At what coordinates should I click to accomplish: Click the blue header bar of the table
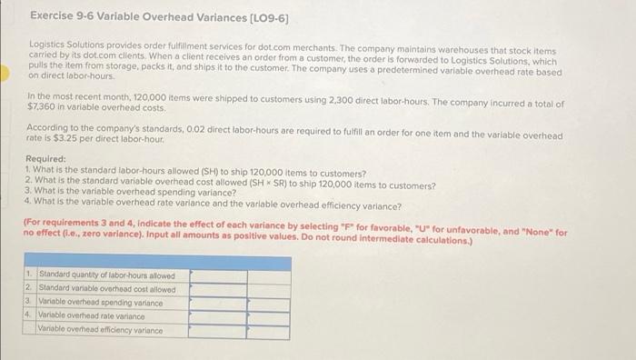coord(157,262)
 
